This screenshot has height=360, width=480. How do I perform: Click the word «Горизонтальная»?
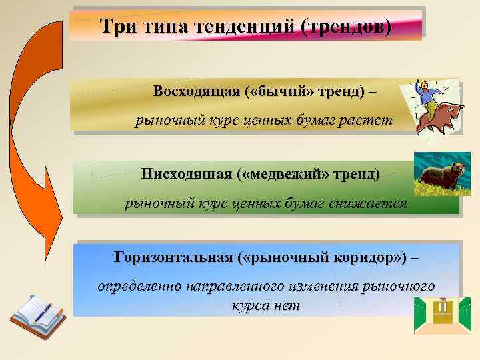tap(173, 257)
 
